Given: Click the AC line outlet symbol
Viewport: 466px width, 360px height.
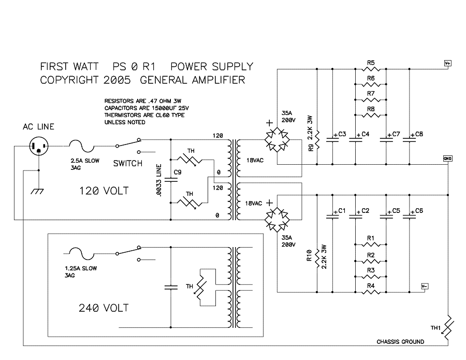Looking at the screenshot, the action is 39,146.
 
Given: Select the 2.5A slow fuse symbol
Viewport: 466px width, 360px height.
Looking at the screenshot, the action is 82,146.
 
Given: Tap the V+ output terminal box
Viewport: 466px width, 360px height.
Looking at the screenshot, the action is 447,63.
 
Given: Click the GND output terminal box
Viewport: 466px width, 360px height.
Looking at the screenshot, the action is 447,159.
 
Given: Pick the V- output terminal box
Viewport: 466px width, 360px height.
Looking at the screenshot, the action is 425,286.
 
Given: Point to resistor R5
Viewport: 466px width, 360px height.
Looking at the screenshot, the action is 371,69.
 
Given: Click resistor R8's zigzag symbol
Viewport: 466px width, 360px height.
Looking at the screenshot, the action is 371,115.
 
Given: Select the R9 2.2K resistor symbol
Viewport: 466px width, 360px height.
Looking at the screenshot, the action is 317,140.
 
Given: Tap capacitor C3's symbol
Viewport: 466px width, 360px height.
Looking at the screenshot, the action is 332,139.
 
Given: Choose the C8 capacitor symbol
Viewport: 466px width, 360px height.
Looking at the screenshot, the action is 409,139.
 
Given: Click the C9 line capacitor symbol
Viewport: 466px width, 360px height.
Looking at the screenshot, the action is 170,179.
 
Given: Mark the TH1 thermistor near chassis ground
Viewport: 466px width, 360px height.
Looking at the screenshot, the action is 448,327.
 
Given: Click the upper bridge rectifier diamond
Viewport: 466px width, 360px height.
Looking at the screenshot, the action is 277,139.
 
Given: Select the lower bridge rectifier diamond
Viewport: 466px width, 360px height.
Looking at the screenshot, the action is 277,220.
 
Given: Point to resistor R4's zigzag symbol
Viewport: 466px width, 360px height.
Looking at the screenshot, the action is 371,292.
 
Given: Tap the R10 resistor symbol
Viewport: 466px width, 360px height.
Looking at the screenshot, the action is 317,258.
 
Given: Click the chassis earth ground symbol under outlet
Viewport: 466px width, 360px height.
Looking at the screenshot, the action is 37,191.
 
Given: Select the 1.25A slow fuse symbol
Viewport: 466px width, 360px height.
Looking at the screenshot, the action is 82,253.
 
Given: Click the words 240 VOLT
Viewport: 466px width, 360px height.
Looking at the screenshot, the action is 104,308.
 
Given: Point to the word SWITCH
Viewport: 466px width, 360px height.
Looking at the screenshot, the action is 128,163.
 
